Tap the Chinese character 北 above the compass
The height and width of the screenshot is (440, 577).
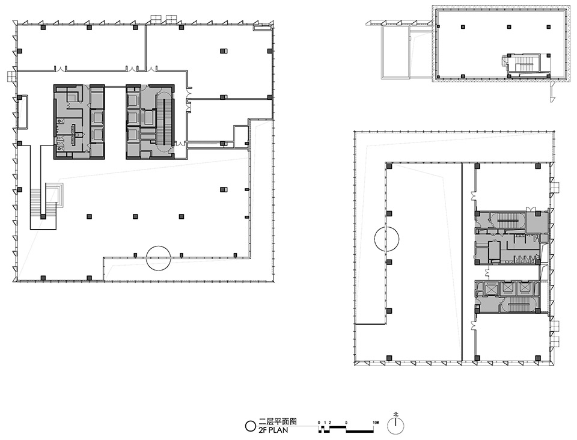point(395,414)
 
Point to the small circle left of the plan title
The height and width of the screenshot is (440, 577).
point(251,426)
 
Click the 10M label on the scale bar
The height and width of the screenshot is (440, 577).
point(376,423)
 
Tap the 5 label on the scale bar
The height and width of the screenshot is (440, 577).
point(347,423)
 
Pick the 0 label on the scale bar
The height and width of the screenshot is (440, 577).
point(319,423)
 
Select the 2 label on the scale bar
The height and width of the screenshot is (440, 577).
point(330,423)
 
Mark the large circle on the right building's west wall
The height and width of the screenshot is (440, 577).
point(386,239)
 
